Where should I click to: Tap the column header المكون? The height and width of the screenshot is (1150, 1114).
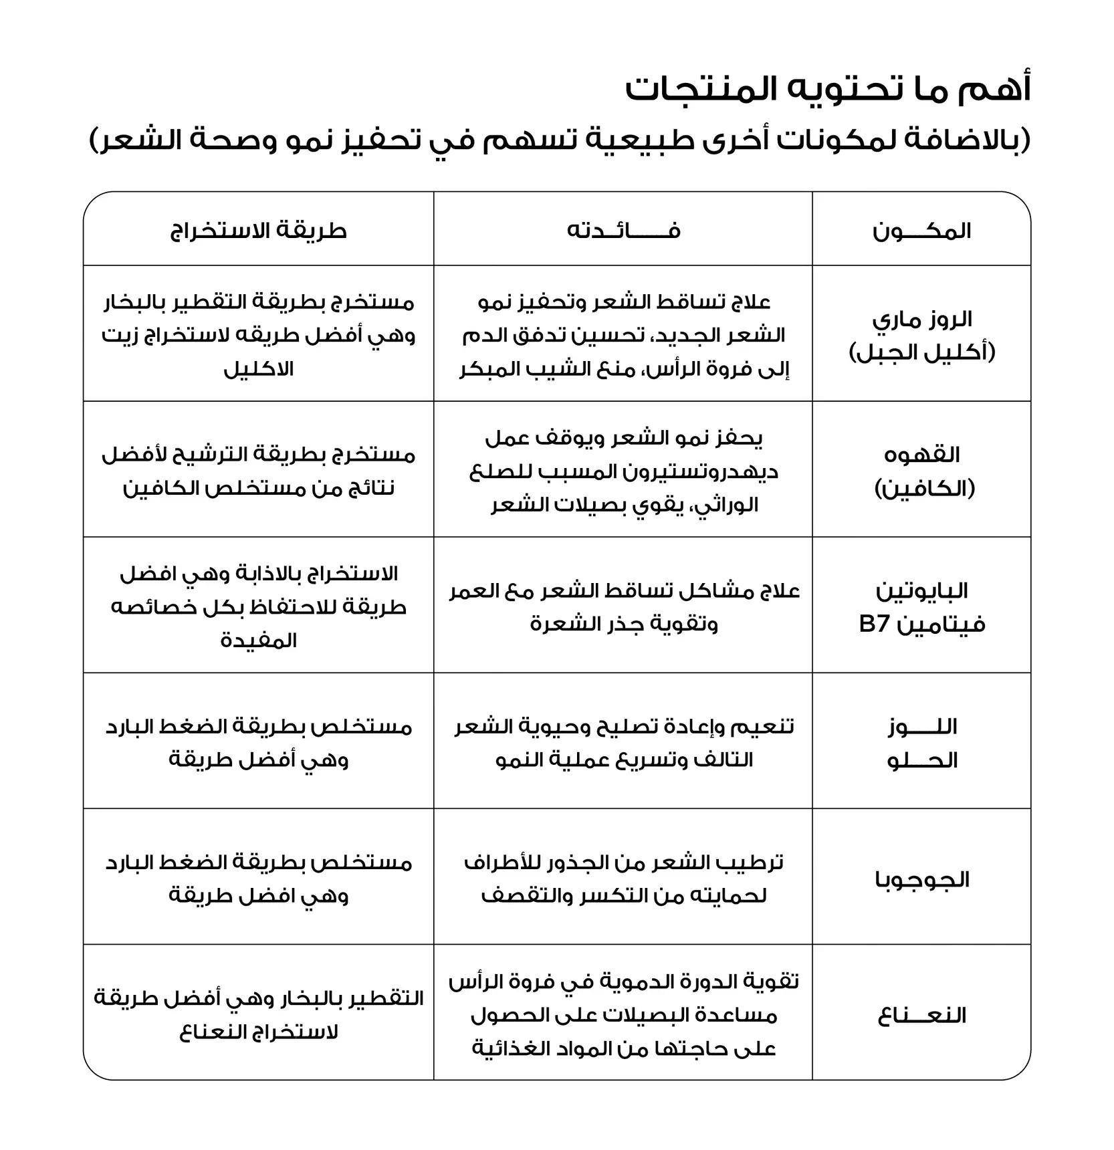point(921,231)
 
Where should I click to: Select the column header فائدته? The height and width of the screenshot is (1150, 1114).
point(623,231)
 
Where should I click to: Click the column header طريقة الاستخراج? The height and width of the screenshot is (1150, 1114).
point(258,231)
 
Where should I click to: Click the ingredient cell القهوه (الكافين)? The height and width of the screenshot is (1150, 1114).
point(921,471)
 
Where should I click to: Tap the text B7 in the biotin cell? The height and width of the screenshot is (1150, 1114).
point(873,624)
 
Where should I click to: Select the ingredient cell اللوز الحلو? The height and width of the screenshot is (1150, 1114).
point(921,743)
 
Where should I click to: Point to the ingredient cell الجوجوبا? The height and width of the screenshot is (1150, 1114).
point(921,879)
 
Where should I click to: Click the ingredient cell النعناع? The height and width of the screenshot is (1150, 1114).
point(921,1016)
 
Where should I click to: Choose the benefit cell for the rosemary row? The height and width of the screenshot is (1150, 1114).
point(623,335)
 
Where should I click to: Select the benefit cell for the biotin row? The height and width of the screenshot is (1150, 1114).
point(623,607)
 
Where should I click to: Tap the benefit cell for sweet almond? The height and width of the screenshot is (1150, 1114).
point(623,743)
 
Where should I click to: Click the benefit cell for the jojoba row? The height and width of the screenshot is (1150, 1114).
point(623,879)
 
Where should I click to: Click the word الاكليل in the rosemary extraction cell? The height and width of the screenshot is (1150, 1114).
point(258,369)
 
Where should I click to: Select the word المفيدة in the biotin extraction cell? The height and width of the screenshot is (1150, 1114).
point(258,641)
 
